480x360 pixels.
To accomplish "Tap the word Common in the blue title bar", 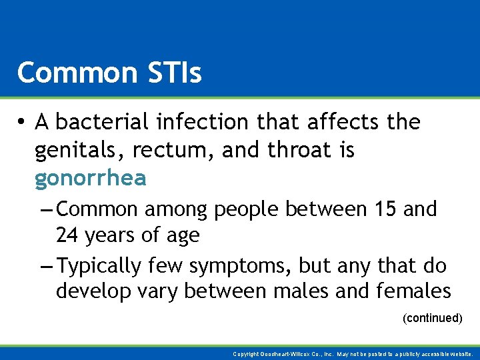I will click(x=75, y=73).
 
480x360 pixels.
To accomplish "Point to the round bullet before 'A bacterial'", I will click(x=23, y=123).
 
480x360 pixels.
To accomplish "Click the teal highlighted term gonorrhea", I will click(x=91, y=179).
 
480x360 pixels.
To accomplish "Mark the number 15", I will click(x=386, y=209).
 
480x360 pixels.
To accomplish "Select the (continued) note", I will click(x=432, y=319).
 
